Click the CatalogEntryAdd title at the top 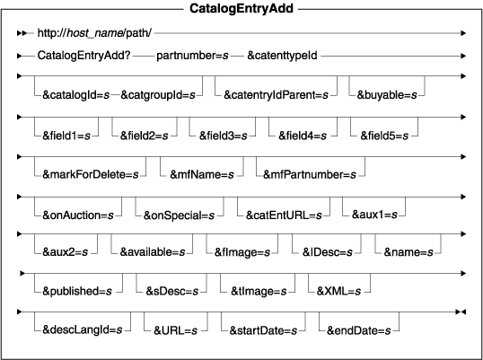point(241,8)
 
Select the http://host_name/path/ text point(94,32)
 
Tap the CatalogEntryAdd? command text point(83,56)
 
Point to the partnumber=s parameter point(192,56)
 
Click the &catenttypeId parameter point(282,56)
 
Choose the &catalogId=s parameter point(75,95)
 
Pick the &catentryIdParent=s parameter point(276,95)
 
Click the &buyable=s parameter point(387,95)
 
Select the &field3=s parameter point(223,136)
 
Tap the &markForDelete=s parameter point(91,174)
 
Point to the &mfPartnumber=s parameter point(310,174)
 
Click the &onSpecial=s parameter point(179,215)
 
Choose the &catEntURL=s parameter point(284,215)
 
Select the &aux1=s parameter point(374,215)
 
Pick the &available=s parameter point(153,252)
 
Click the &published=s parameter point(77,291)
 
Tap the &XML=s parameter point(338,291)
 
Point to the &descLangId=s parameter point(83,330)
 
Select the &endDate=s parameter point(358,330)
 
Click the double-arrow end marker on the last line point(461,312)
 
